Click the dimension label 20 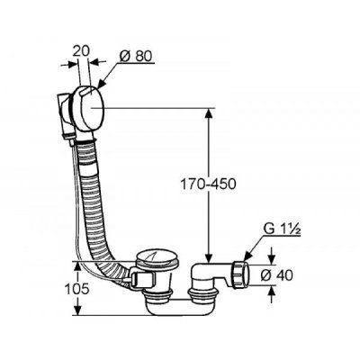(x=81, y=50)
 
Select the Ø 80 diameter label (x=136, y=56)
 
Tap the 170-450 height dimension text (x=208, y=184)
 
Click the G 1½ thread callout (x=282, y=229)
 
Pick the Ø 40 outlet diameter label (x=276, y=275)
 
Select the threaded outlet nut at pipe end (x=240, y=274)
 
